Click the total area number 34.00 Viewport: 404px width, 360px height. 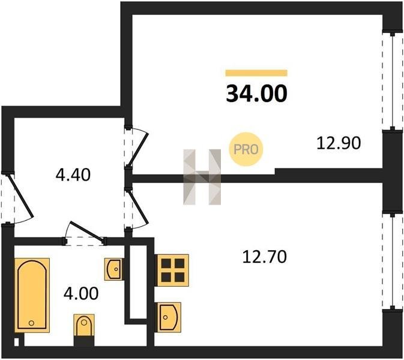(256, 94)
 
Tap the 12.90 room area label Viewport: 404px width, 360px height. (339, 143)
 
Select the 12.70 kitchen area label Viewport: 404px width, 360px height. (265, 257)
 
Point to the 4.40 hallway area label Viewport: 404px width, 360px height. (73, 175)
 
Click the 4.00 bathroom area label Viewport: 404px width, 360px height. (81, 293)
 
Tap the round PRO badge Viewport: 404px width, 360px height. (246, 149)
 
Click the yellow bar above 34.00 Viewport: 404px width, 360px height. (256, 73)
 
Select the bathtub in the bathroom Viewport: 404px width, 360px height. (32, 295)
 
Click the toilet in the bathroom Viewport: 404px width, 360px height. (84, 325)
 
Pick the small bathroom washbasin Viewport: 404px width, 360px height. (113, 269)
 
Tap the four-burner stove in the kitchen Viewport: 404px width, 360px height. (172, 270)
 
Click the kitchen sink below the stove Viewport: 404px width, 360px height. (168, 317)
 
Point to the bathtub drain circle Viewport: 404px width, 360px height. (31, 323)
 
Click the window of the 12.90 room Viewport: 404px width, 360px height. (393, 80)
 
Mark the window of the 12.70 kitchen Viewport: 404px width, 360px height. (393, 261)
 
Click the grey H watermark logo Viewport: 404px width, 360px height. (202, 177)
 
